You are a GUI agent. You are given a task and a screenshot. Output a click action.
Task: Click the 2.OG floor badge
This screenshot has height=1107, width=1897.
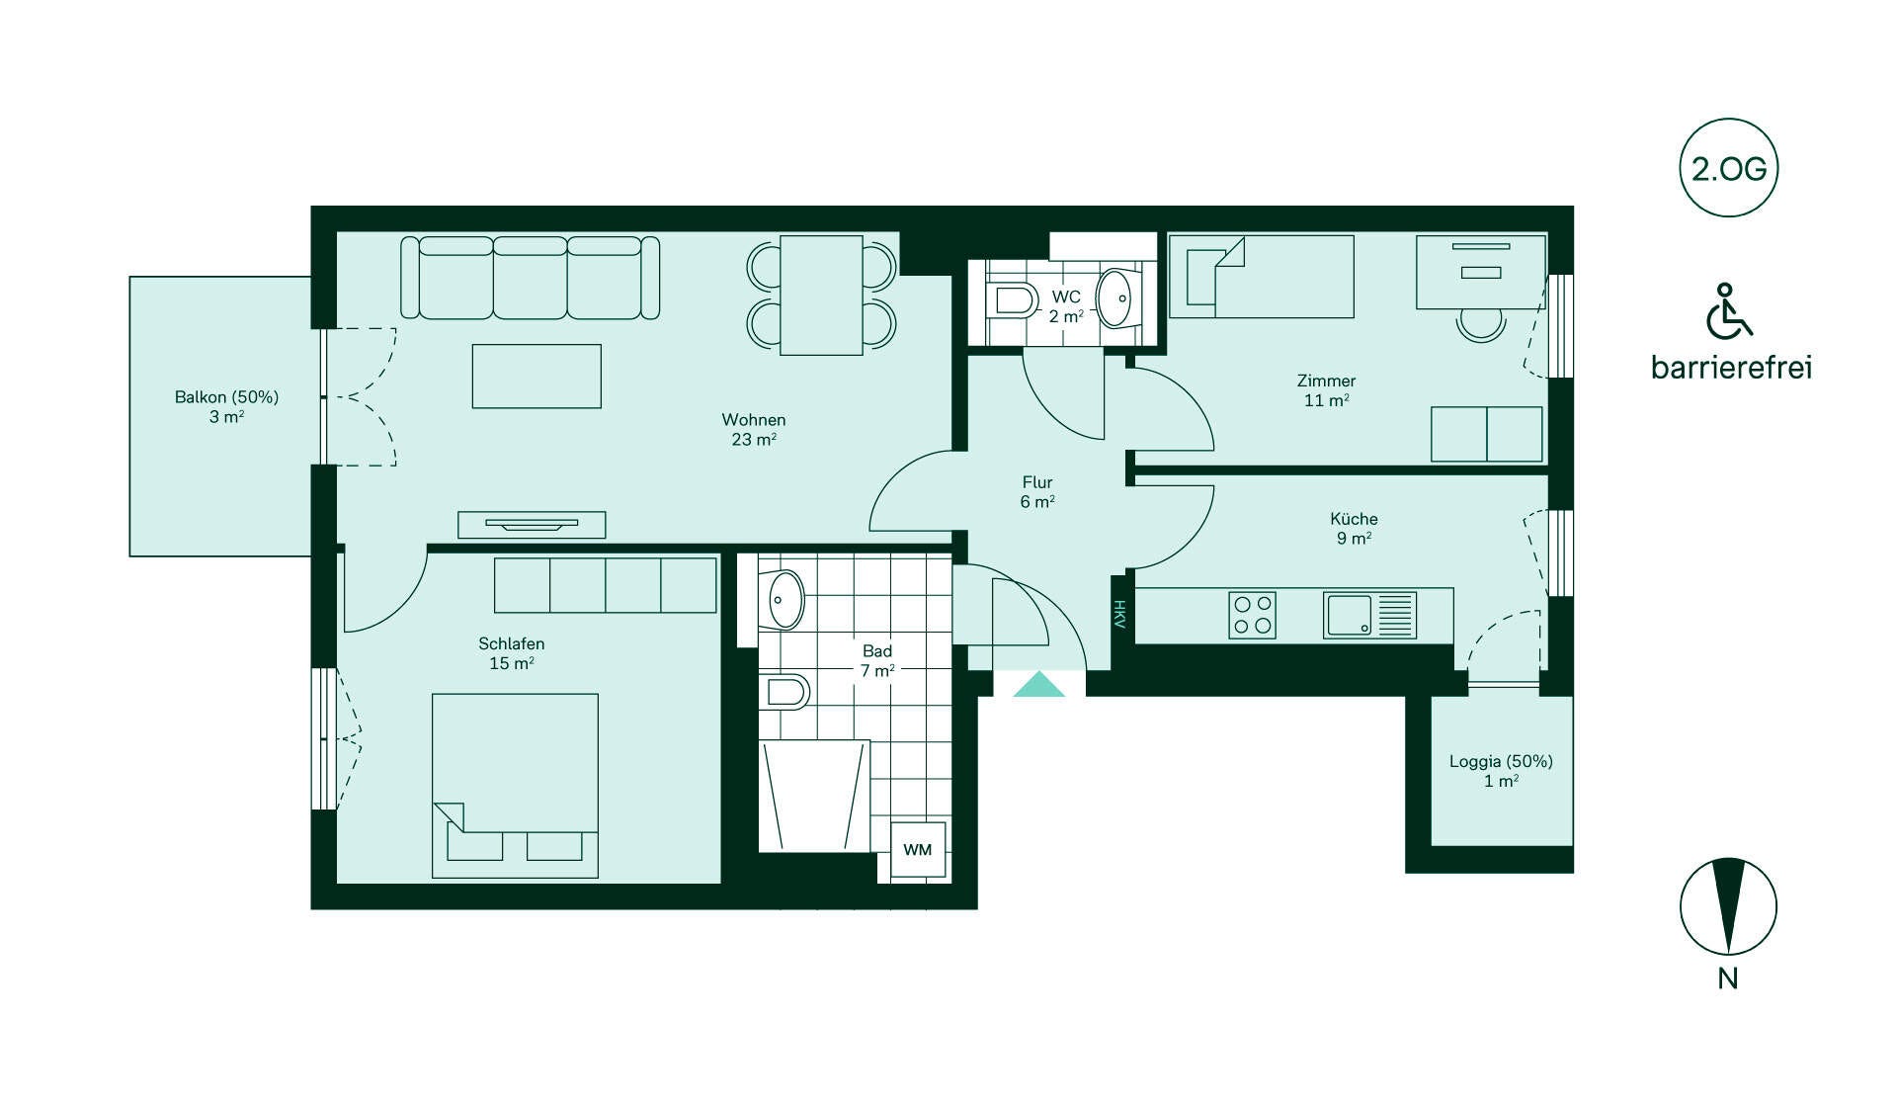1728,168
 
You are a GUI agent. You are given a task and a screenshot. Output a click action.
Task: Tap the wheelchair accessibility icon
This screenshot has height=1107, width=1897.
1728,310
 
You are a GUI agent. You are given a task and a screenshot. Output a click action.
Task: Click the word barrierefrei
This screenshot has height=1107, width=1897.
1731,368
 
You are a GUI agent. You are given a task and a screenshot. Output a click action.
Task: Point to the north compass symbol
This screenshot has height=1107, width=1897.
1728,906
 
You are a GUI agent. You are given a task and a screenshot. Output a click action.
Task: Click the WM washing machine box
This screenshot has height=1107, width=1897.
918,850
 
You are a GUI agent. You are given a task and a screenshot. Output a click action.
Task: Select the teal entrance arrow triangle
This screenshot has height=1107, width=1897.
1039,684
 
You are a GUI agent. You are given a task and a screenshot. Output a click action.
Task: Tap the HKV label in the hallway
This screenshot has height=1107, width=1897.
1119,615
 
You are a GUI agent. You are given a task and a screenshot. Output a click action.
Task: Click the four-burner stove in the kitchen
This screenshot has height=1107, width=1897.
1252,615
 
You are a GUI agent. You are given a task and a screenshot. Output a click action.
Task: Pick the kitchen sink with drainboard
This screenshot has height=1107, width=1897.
1369,615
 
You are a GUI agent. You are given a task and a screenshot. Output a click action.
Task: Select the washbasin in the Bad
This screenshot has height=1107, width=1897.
784,600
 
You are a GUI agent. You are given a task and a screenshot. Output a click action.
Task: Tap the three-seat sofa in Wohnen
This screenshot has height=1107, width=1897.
530,278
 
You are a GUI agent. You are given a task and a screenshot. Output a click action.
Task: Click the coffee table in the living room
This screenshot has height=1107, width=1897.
536,376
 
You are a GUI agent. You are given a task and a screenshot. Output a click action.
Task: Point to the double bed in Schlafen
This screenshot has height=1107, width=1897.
515,786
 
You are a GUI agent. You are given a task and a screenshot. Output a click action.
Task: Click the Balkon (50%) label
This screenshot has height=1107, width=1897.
226,397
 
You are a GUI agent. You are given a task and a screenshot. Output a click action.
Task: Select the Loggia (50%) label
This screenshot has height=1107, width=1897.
1501,762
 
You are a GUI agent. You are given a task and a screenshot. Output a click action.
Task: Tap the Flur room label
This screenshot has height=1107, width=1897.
1037,482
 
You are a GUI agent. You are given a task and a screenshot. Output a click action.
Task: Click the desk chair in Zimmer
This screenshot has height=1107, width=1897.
1481,324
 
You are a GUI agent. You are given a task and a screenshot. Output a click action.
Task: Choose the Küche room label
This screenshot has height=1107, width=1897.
1354,519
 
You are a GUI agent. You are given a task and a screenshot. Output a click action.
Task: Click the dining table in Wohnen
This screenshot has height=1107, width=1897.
821,296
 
